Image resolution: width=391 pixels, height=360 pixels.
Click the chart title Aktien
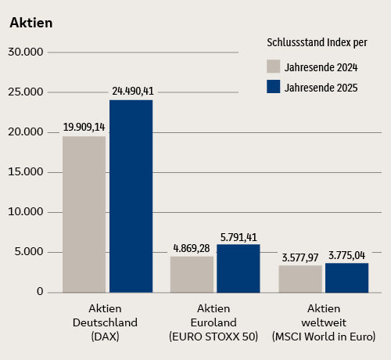tap(31, 23)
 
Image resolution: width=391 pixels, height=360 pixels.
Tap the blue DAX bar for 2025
tap(131, 196)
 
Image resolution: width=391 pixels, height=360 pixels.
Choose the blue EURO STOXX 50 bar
tap(238, 268)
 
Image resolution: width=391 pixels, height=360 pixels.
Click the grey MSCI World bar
tap(300, 279)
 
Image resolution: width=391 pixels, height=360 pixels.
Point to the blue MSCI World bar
tap(346, 278)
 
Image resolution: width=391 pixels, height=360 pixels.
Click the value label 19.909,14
tap(84, 126)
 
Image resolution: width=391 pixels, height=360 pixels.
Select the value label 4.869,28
tap(192, 248)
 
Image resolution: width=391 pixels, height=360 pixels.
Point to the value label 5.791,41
tap(239, 236)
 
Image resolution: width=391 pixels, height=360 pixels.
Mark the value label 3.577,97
tap(300, 256)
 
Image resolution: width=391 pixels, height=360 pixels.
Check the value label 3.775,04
tap(347, 254)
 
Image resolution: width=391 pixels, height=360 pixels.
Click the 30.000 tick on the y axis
tap(24, 52)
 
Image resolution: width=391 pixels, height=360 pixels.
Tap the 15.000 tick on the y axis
tap(24, 172)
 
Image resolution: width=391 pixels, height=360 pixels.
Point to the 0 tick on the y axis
tap(39, 292)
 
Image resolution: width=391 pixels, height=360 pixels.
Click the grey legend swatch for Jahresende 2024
tap(274, 66)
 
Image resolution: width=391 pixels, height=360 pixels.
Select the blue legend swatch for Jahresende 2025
tap(274, 87)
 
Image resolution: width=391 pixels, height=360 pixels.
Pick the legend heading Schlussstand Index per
tap(317, 41)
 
